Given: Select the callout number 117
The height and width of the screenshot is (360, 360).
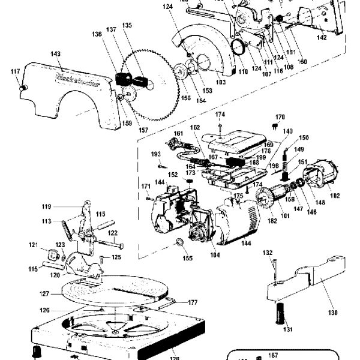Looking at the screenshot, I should click(x=15, y=72).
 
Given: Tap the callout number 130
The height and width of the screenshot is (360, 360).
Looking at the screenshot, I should click(x=332, y=313).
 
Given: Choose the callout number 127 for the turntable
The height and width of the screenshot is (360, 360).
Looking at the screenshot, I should click(x=44, y=294).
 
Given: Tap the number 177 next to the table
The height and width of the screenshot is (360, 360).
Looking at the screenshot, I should click(x=193, y=302).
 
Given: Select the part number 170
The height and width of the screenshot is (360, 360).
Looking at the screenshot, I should click(x=280, y=117).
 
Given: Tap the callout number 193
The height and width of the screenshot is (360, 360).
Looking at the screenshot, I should click(x=156, y=154).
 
